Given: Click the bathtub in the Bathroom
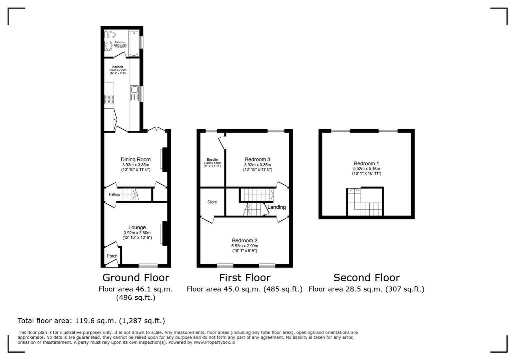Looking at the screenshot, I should (x=134, y=43).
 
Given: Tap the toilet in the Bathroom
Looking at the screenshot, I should (x=110, y=35).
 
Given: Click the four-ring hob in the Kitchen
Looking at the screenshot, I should (x=109, y=99).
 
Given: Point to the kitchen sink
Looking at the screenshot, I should (x=134, y=90).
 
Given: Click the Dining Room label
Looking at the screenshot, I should (x=135, y=160).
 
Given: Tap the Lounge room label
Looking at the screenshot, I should (x=137, y=228).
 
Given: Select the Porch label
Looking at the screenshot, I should (x=112, y=256).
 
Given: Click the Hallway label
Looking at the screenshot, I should (x=114, y=195).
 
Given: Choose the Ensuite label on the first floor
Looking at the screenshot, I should (x=212, y=160).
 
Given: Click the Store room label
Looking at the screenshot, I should (x=212, y=202).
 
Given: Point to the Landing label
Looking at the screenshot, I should (x=277, y=207).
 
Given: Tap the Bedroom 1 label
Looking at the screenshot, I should (x=366, y=164).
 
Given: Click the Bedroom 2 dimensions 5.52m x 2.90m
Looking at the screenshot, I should (x=244, y=246).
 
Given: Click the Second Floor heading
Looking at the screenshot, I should (x=366, y=278).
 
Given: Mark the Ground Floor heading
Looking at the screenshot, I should (x=135, y=278).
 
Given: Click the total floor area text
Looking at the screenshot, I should (x=91, y=321).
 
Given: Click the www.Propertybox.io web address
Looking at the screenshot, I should (x=214, y=342).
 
